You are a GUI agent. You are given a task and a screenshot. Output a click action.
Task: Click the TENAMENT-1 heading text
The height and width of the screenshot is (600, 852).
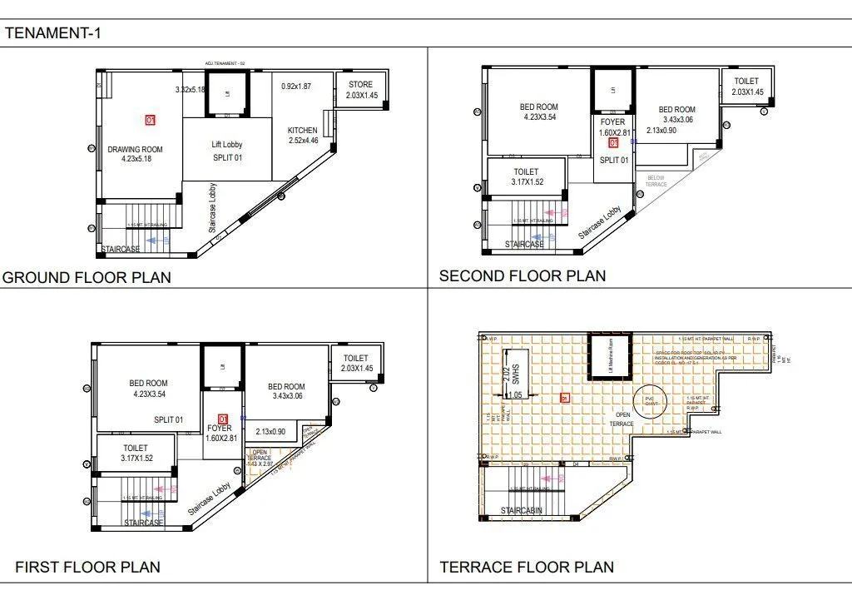pyautogui.click(x=53, y=33)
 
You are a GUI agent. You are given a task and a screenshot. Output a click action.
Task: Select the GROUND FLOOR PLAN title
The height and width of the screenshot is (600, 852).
pyautogui.click(x=87, y=277)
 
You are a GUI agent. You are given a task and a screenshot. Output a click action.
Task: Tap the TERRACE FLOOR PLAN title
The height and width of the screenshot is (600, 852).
pyautogui.click(x=527, y=568)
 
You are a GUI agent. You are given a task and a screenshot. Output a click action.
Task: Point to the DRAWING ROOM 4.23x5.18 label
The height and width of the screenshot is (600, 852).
pyautogui.click(x=135, y=155)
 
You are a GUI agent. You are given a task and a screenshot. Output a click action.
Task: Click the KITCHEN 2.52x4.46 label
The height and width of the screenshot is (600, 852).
pyautogui.click(x=303, y=136)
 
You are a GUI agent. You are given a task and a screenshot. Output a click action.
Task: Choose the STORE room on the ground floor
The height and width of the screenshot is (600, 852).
pyautogui.click(x=361, y=90)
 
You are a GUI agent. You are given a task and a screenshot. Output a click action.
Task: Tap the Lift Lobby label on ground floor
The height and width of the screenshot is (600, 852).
pyautogui.click(x=226, y=151)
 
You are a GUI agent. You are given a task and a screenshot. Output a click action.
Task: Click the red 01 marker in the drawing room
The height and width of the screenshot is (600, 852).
pyautogui.click(x=151, y=120)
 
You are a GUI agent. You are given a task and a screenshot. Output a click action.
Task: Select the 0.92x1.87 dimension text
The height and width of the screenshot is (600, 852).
pyautogui.click(x=295, y=87)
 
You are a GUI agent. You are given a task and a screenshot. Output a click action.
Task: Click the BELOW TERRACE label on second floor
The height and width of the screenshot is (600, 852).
pyautogui.click(x=656, y=181)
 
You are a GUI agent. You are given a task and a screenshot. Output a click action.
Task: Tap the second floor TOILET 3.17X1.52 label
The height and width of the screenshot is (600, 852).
pyautogui.click(x=527, y=177)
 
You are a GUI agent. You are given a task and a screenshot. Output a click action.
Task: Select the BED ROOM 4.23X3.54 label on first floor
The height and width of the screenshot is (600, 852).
pyautogui.click(x=148, y=389)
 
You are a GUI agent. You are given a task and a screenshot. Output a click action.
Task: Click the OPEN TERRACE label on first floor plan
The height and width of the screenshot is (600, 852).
pyautogui.click(x=260, y=457)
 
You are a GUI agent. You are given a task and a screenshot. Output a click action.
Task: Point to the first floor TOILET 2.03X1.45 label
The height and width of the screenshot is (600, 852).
pyautogui.click(x=358, y=363)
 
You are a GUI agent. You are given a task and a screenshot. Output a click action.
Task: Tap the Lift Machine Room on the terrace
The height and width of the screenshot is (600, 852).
pyautogui.click(x=611, y=356)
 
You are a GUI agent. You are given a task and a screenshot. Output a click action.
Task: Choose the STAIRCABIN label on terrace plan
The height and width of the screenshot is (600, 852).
pyautogui.click(x=522, y=510)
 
